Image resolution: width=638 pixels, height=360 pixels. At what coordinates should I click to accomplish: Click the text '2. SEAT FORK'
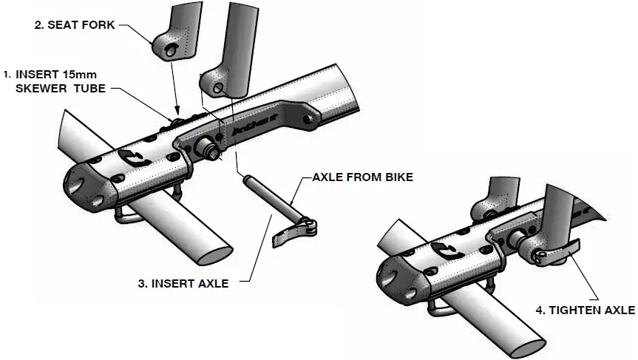point(74,25)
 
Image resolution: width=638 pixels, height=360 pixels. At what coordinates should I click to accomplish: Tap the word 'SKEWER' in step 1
point(44,89)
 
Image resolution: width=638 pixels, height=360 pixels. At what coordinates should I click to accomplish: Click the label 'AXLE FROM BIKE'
point(362,178)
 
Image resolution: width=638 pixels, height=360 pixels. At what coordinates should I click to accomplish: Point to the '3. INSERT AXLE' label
point(183,282)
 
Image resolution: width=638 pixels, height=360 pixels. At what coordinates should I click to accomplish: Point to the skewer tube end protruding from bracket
point(211,152)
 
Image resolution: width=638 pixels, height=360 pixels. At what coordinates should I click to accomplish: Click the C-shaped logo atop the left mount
point(132,157)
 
